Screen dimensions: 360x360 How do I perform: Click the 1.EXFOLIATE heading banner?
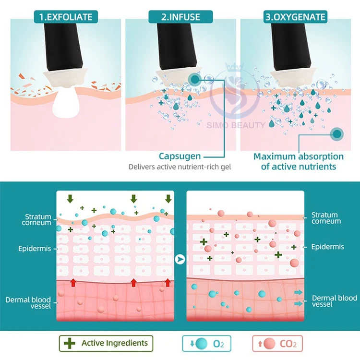point(66,18)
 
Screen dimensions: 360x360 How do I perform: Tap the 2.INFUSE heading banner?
point(180,18)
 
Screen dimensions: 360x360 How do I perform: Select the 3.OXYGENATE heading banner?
point(296,18)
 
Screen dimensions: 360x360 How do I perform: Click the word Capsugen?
point(180,156)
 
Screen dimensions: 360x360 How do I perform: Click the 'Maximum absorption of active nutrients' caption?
point(299,161)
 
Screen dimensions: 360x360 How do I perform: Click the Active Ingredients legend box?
point(106,343)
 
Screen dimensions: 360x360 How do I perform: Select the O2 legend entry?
point(210,344)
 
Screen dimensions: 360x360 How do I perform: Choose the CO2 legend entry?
point(278,344)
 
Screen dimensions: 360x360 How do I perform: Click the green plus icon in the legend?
point(70,343)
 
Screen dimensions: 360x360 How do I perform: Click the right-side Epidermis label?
point(327,247)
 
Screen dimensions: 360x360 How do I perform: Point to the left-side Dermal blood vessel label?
point(28,303)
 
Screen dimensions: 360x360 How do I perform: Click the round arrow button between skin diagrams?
point(180,260)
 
